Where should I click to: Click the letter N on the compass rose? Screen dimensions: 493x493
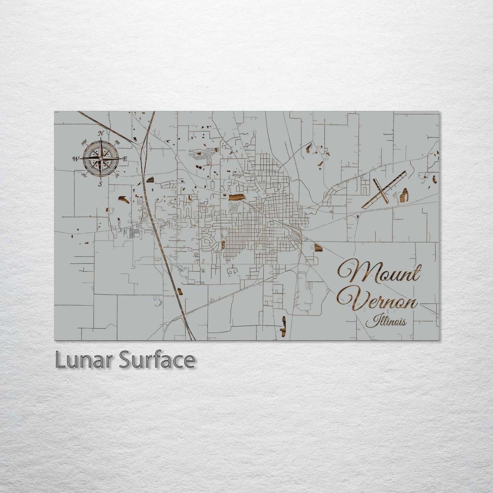click(101, 133)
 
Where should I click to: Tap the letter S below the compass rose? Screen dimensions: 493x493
click(100, 184)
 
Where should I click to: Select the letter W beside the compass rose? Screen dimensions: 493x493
click(75, 159)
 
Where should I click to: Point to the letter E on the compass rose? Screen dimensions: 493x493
click(125, 159)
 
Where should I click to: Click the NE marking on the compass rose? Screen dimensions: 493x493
click(118, 142)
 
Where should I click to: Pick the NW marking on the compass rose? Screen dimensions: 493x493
click(84, 142)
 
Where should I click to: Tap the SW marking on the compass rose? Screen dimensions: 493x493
click(84, 175)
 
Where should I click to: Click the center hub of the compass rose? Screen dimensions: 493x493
click(101, 159)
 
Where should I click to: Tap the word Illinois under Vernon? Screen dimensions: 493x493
click(386, 321)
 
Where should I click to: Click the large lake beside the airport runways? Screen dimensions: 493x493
click(404, 195)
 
